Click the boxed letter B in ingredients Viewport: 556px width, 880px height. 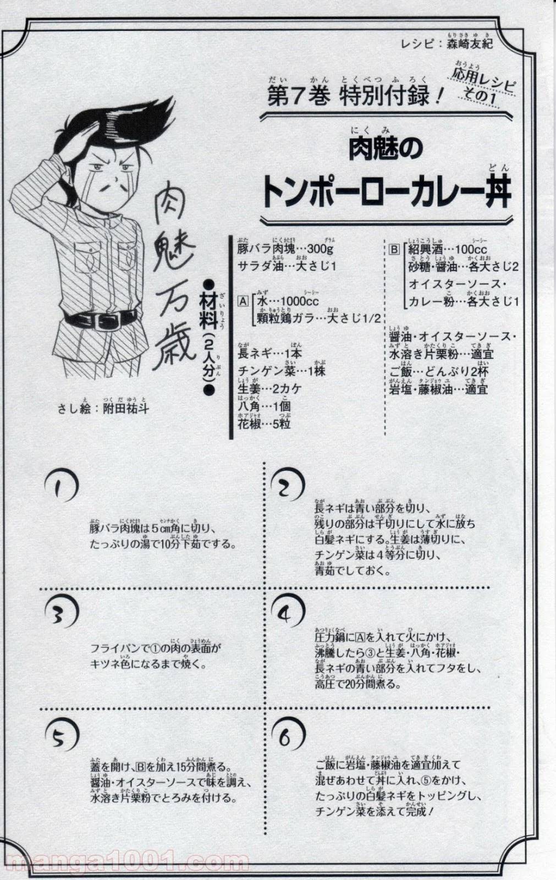tap(394, 249)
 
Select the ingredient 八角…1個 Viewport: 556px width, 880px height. tap(265, 406)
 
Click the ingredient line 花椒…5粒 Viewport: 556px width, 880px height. tap(265, 424)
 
